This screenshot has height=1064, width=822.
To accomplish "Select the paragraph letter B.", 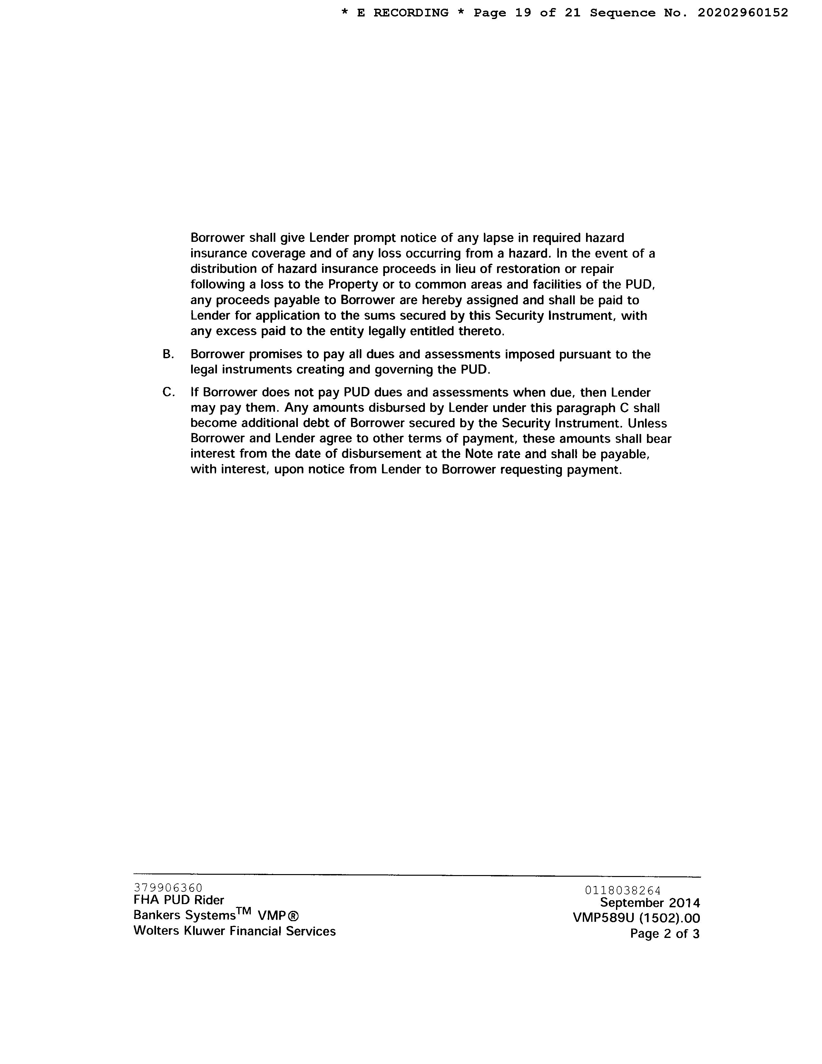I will (168, 354).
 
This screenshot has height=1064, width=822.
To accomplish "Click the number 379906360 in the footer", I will (168, 888).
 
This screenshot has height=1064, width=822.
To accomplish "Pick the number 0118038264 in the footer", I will (623, 891).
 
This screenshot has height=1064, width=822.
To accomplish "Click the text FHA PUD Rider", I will (179, 900).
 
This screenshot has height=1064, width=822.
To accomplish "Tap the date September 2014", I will (650, 903).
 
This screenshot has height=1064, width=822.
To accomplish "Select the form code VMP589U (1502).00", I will (636, 918).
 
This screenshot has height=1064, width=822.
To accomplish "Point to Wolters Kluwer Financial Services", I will (234, 931).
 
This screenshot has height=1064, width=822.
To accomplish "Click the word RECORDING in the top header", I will (410, 13).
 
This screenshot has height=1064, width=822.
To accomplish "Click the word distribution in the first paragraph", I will (219, 269).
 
